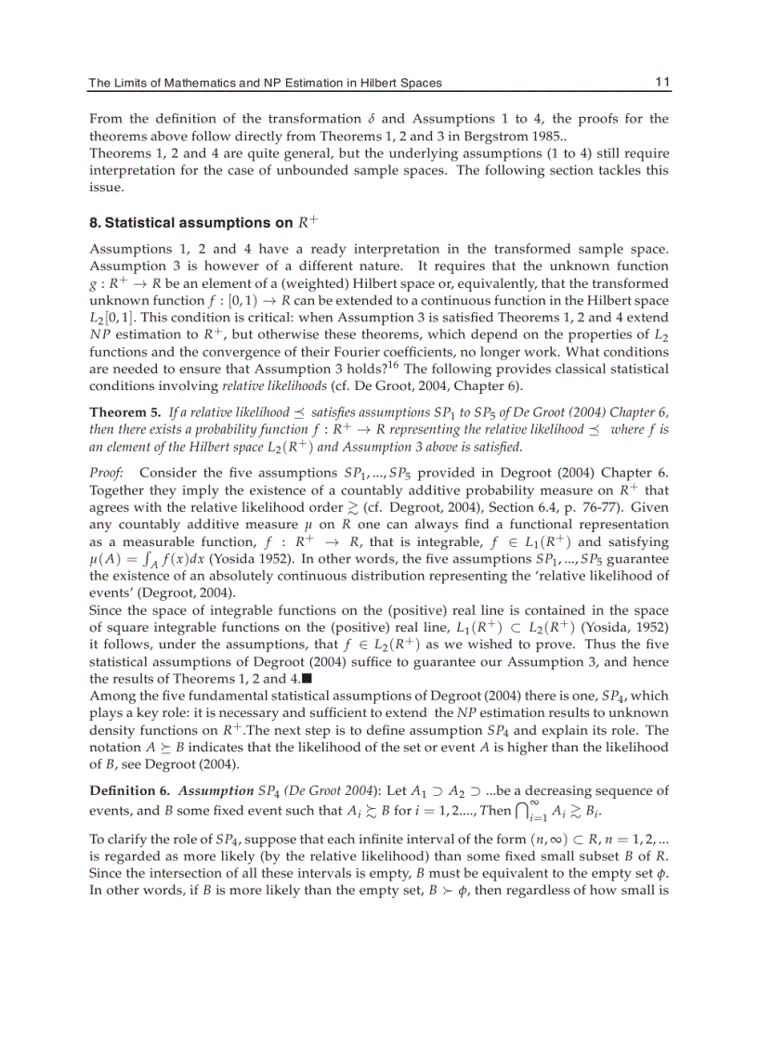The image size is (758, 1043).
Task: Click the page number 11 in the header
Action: [661, 83]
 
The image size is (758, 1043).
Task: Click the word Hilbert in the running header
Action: [376, 83]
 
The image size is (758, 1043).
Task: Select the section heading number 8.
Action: [95, 223]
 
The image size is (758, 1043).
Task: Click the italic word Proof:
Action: [107, 473]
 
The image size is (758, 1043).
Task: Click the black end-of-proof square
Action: [307, 678]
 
